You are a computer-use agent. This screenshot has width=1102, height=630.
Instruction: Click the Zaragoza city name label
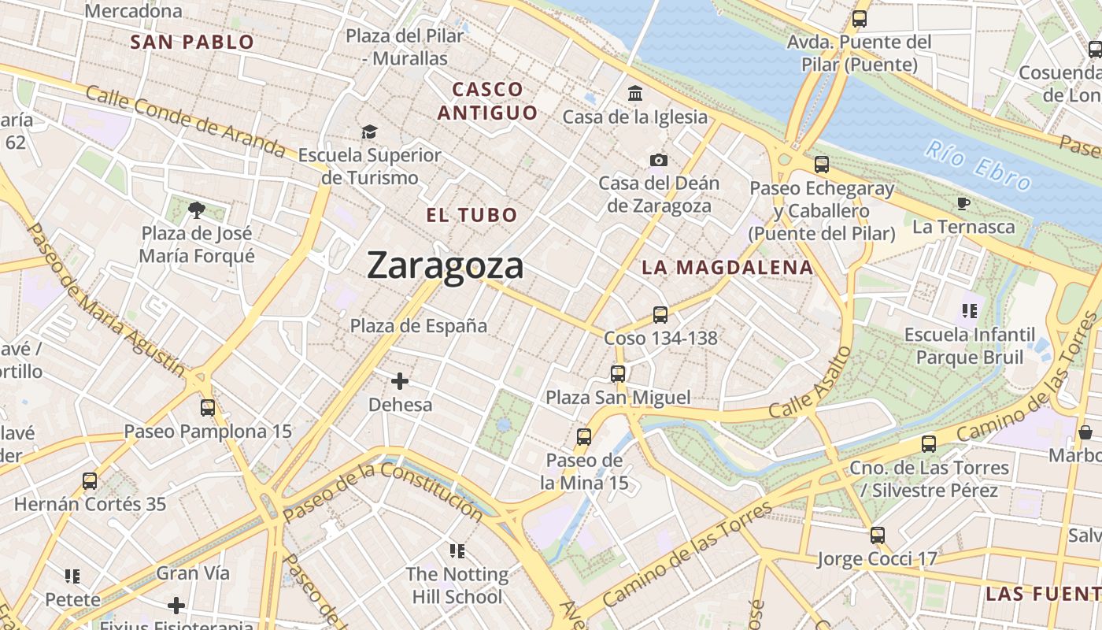(445, 265)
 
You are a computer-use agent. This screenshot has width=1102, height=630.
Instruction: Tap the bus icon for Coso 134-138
(660, 315)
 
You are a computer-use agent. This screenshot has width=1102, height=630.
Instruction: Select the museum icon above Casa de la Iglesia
(635, 94)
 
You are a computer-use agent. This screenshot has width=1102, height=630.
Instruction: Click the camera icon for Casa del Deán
(659, 161)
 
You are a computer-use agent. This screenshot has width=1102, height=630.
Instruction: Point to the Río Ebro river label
(978, 166)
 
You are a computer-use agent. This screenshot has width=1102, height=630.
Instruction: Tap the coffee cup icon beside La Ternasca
(963, 204)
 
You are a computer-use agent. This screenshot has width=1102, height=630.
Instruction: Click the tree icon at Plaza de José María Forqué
(197, 209)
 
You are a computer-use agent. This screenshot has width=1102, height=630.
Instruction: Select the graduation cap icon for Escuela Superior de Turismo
(369, 132)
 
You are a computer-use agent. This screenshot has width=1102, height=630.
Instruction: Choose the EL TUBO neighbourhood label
(471, 215)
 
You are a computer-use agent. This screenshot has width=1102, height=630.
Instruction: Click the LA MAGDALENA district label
(727, 268)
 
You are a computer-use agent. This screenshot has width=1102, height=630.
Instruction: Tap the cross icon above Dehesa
(400, 381)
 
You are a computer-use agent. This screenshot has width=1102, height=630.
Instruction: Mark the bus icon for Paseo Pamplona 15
(208, 408)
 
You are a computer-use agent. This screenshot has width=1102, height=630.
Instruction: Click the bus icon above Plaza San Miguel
(618, 374)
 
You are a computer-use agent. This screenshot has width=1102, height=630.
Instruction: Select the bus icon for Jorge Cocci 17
(878, 535)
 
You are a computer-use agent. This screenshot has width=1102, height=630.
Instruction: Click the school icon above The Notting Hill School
(457, 550)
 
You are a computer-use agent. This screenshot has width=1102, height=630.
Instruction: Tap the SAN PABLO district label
(192, 43)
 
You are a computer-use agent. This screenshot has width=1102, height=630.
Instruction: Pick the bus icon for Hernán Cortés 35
(90, 480)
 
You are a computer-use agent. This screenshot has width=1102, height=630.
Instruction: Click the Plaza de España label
(419, 326)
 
